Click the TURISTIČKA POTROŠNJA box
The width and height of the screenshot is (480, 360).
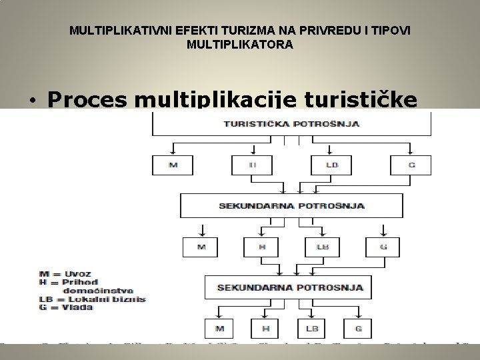tap(291, 125)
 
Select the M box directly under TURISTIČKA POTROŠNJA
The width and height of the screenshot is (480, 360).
tap(173, 165)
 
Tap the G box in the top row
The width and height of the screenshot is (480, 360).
tap(410, 165)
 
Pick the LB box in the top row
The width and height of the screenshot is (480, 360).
tap(331, 165)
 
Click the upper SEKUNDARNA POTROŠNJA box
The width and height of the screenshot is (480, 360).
tap(291, 205)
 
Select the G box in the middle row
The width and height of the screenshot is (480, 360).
tap(383, 247)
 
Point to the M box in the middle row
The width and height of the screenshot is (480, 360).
tap(201, 247)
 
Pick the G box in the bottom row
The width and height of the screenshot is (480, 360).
tap(359, 329)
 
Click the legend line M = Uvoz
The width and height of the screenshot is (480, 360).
tap(65, 273)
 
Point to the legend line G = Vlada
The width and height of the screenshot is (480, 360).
tap(67, 307)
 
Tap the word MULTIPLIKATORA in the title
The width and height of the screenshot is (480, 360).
tap(241, 45)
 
